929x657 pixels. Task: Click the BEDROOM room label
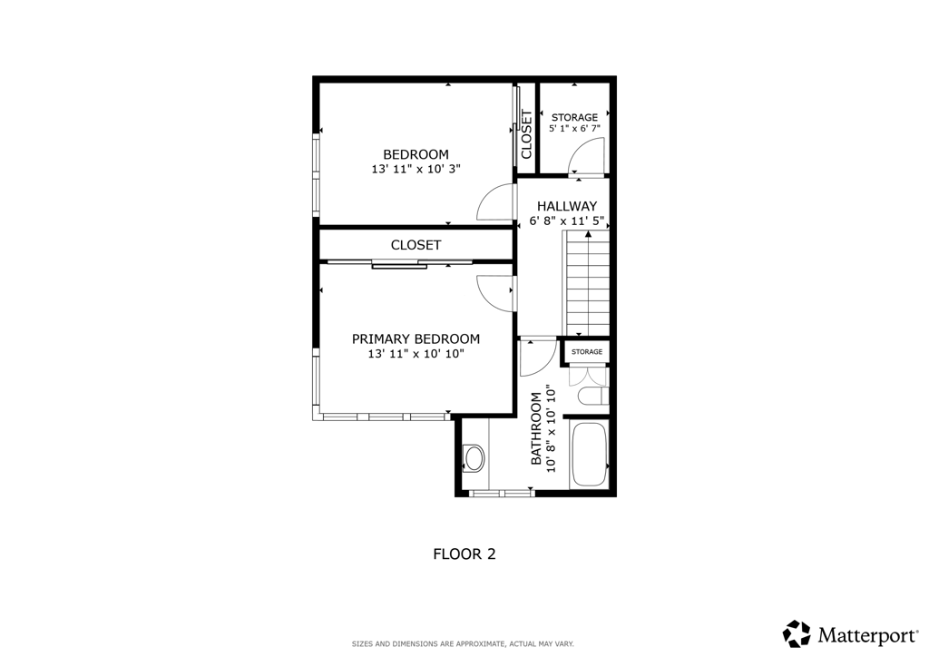[416, 154]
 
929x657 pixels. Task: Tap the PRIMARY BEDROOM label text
[416, 338]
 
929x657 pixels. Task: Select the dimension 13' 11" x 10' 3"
[416, 169]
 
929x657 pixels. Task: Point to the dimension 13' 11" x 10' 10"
[416, 354]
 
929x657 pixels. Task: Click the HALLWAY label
[566, 206]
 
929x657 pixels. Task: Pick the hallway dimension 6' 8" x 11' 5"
[566, 221]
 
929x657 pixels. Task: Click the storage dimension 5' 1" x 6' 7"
[574, 129]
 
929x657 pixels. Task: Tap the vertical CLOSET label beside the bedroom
[526, 134]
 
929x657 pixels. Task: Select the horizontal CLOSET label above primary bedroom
[416, 245]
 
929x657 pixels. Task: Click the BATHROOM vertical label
[536, 428]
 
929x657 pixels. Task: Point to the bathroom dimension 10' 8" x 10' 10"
[552, 428]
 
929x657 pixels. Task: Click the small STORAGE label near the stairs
[586, 352]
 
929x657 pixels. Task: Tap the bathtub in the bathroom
[589, 456]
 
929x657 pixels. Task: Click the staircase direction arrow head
[588, 234]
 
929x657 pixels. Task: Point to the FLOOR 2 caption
[464, 554]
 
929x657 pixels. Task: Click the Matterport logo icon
[797, 633]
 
